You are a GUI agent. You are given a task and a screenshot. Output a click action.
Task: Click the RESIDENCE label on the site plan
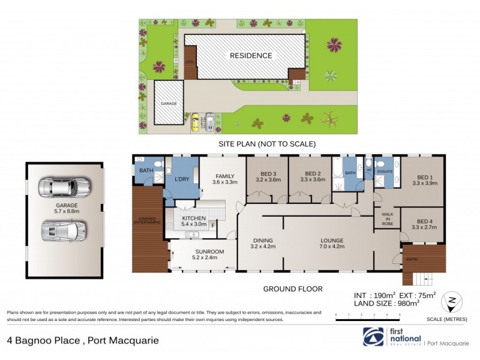pos(250,56)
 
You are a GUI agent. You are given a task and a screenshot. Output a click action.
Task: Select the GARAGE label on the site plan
pos(169,104)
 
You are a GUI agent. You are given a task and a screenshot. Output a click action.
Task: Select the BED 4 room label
pos(422,224)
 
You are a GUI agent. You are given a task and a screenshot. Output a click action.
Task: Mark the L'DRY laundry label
pos(181,180)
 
